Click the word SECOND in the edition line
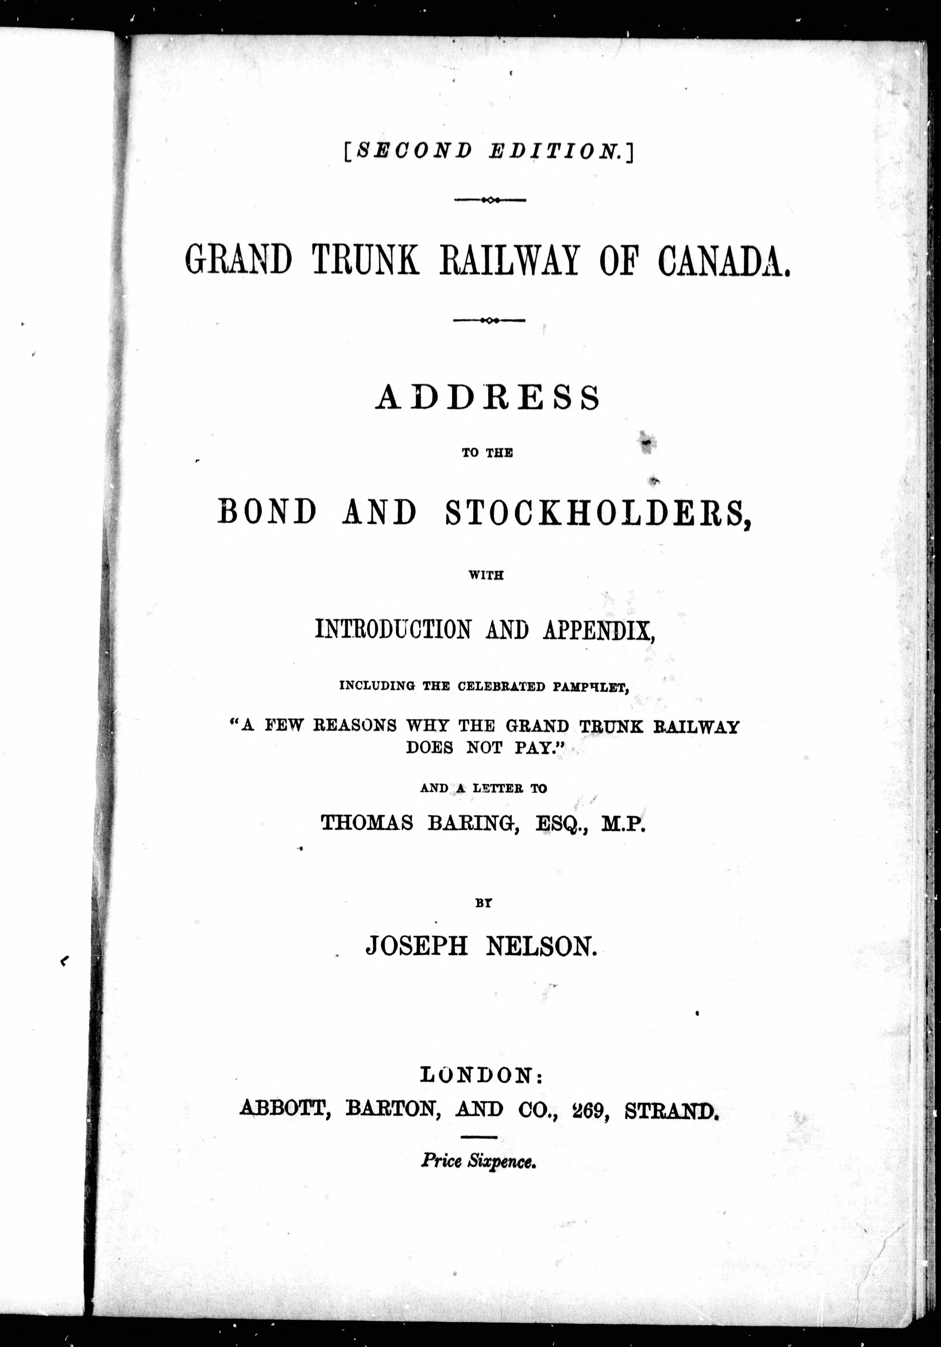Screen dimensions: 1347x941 click(413, 151)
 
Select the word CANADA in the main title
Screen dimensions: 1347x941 click(724, 260)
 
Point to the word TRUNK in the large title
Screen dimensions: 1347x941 click(365, 260)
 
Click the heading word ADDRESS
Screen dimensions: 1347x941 click(488, 398)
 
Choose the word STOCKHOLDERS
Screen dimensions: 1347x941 click(598, 512)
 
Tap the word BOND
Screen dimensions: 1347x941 click(267, 512)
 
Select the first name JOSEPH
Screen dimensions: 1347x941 click(416, 946)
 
